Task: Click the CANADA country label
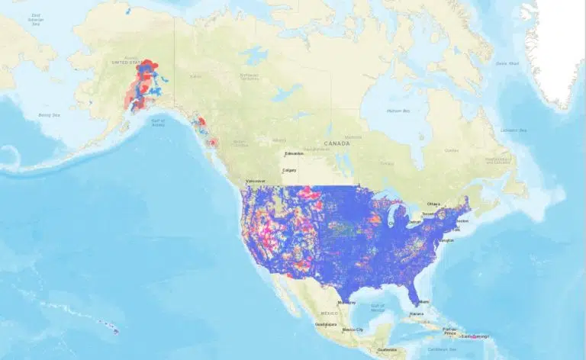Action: pyautogui.click(x=336, y=143)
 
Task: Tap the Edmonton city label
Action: pyautogui.click(x=294, y=154)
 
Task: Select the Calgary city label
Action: pyautogui.click(x=289, y=170)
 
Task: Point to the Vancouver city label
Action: pyautogui.click(x=255, y=181)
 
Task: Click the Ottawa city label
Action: pyautogui.click(x=433, y=204)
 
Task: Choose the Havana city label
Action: pyautogui.click(x=416, y=313)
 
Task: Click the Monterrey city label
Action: pyautogui.click(x=346, y=302)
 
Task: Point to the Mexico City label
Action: pyautogui.click(x=353, y=329)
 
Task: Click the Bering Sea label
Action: pyautogui.click(x=49, y=114)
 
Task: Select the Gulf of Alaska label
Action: pyautogui.click(x=158, y=122)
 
